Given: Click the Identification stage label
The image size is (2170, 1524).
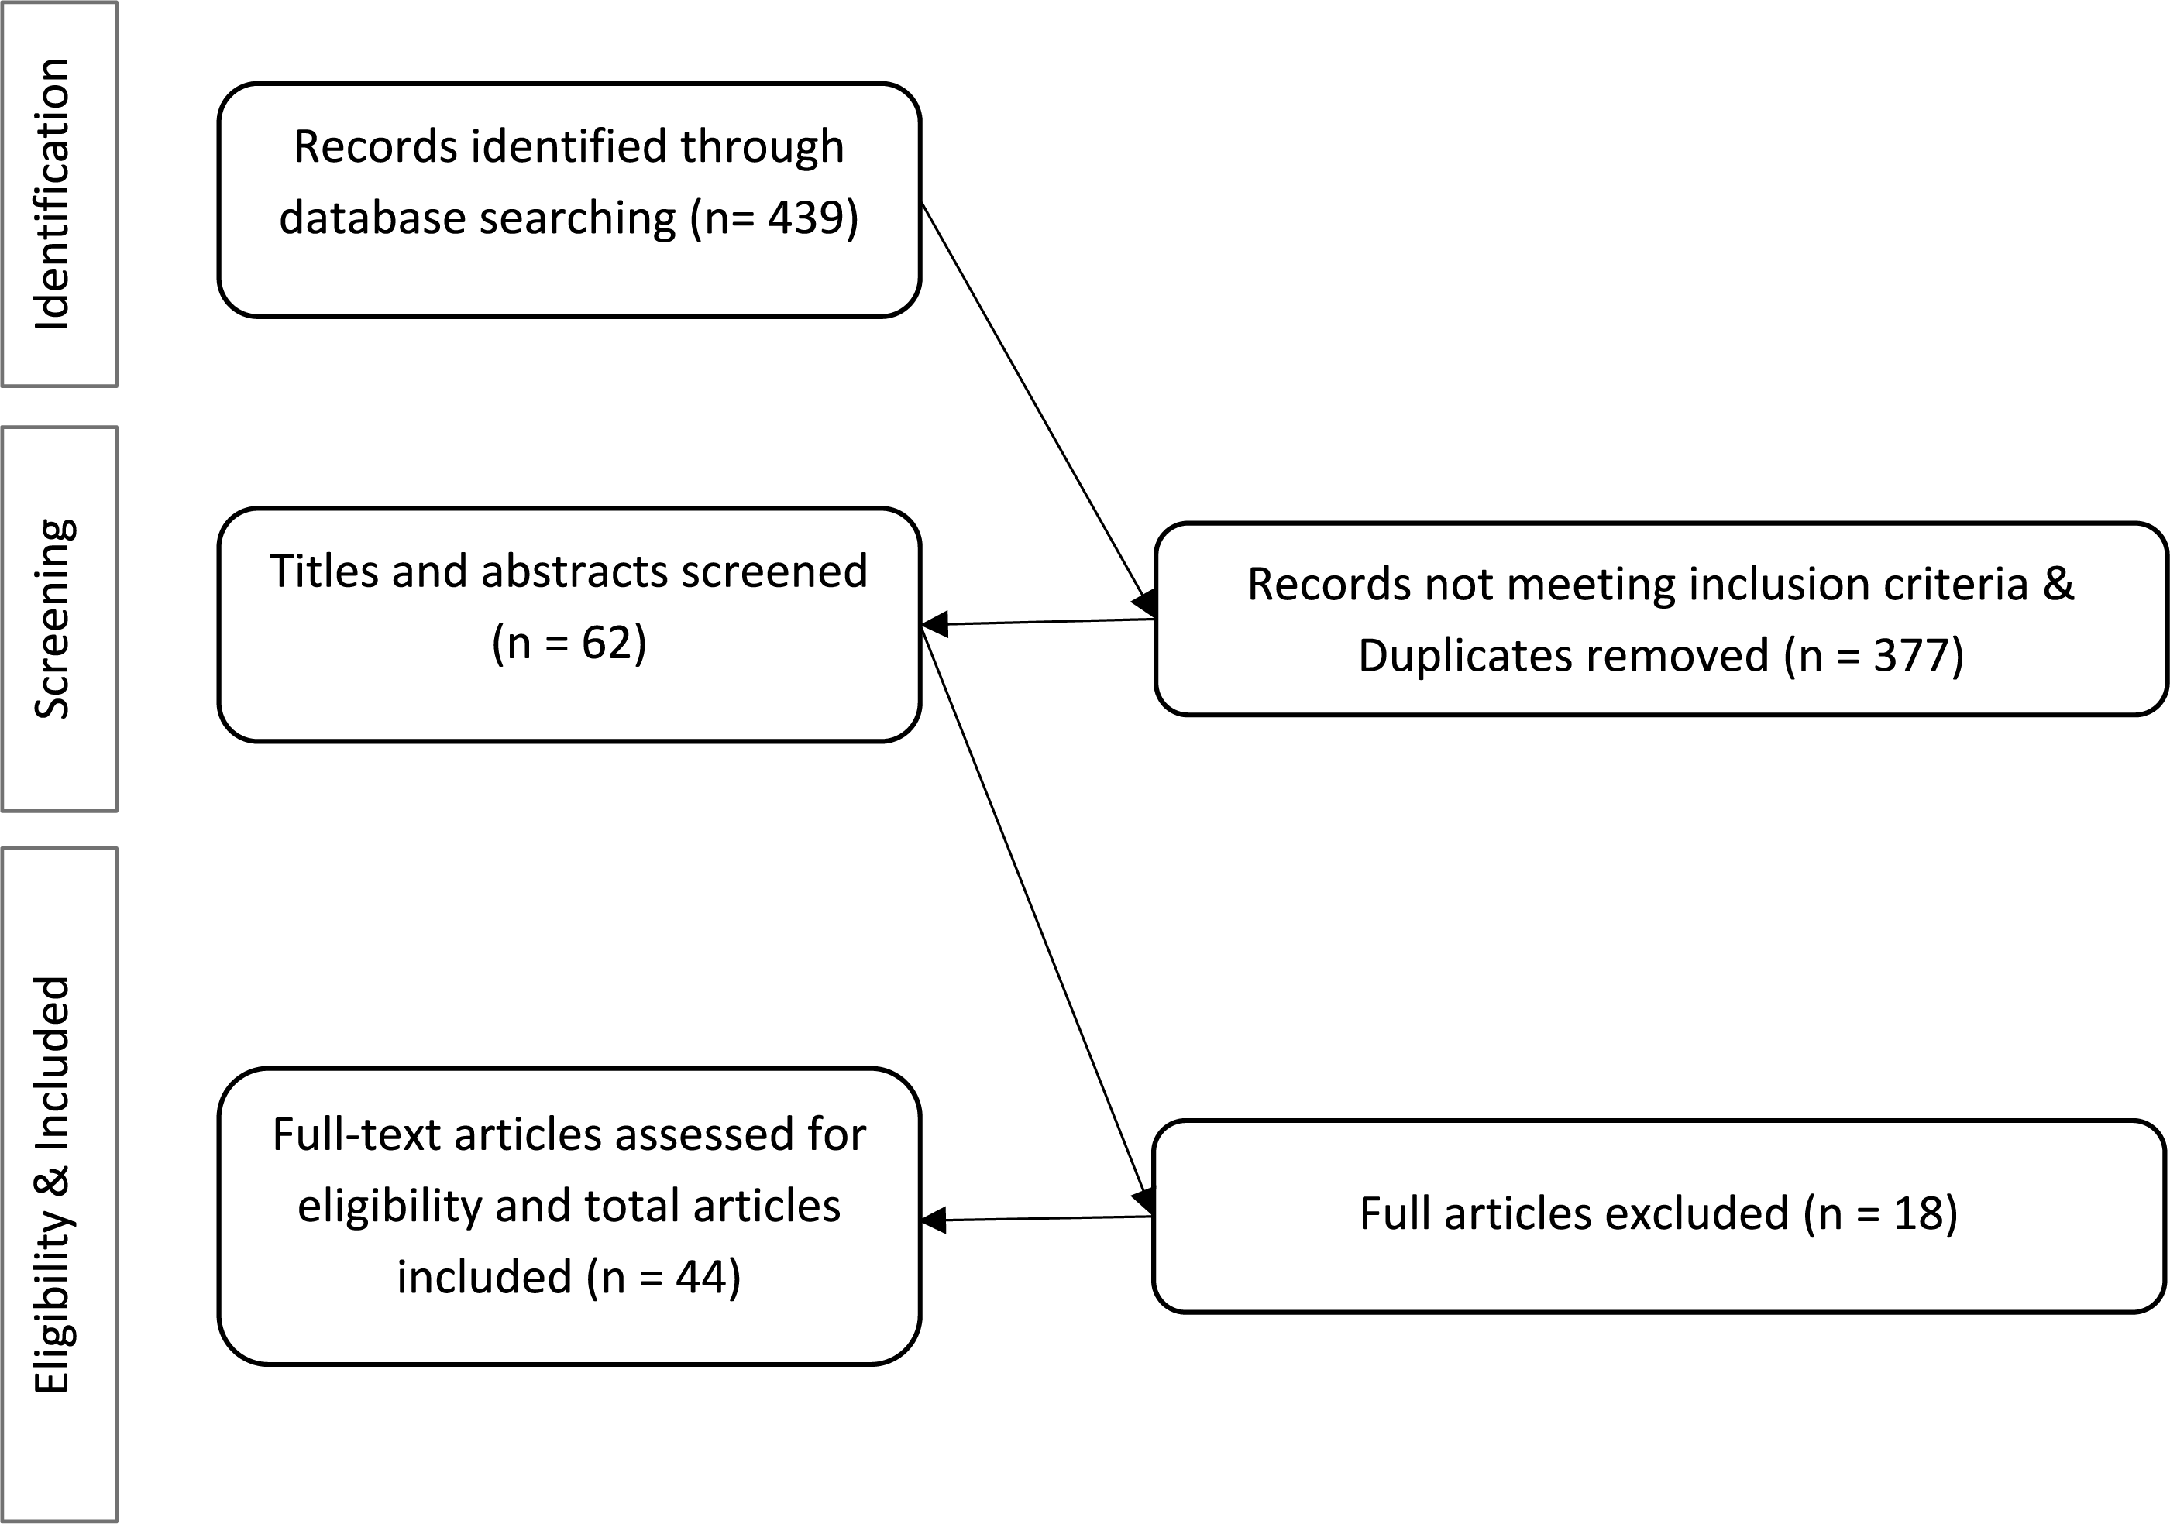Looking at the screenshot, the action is pyautogui.click(x=53, y=194).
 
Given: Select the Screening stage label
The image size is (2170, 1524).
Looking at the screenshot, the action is pyautogui.click(x=53, y=619).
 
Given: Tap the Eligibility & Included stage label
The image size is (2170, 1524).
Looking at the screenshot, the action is pyautogui.click(x=53, y=1185).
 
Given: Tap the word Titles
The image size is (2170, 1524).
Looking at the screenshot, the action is pyautogui.click(x=322, y=571).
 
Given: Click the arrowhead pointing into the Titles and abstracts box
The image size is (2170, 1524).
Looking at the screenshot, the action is pyautogui.click(x=934, y=623).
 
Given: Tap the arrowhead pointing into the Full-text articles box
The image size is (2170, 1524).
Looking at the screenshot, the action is pyautogui.click(x=934, y=1220).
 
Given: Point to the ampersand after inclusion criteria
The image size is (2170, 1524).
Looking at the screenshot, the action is pyautogui.click(x=2058, y=584).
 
